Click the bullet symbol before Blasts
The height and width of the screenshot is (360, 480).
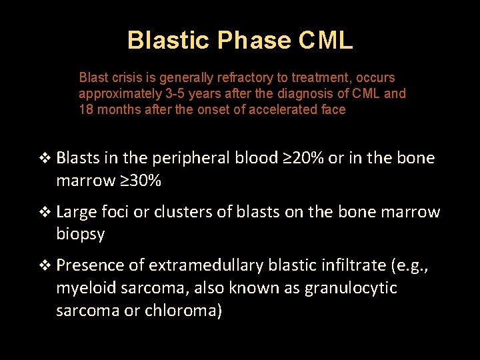click(x=45, y=159)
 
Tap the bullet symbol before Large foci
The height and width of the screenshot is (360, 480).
click(x=45, y=213)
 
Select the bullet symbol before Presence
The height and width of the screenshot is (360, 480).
click(x=45, y=266)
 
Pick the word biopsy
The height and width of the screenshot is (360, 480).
click(x=81, y=234)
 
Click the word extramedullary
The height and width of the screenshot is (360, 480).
click(x=206, y=265)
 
